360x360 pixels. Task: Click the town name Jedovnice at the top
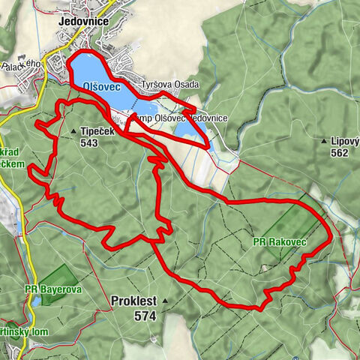pyautogui.click(x=85, y=22)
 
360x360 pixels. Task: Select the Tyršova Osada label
pyautogui.click(x=170, y=85)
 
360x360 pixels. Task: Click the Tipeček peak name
pyautogui.click(x=97, y=131)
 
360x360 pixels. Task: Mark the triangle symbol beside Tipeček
pyautogui.click(x=73, y=132)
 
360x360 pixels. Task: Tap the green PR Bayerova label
pyautogui.click(x=52, y=288)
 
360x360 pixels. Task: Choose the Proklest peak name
pyautogui.click(x=133, y=301)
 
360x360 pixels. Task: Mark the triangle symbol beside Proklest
pyautogui.click(x=163, y=302)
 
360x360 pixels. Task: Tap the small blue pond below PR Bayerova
pyautogui.click(x=35, y=301)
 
